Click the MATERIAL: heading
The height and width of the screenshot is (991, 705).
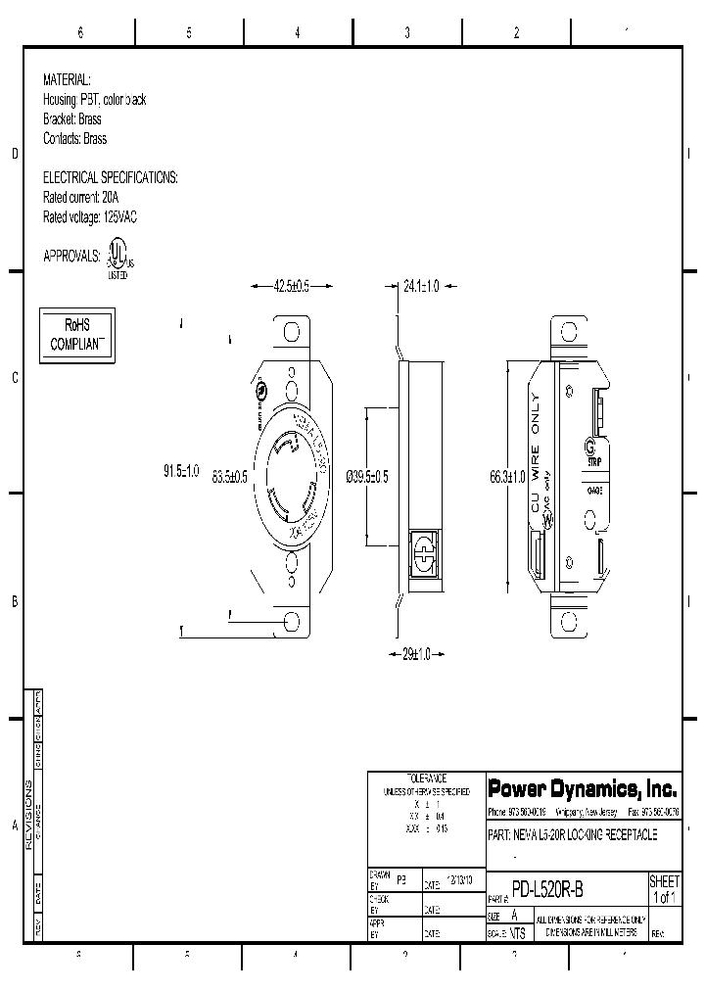(67, 79)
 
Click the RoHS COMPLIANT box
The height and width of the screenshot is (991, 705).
(76, 335)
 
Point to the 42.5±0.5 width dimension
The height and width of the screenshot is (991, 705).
(279, 286)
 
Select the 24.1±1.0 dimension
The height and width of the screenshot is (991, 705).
(420, 286)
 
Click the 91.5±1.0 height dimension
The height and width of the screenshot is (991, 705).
(181, 471)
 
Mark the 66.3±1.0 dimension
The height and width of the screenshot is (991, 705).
(507, 476)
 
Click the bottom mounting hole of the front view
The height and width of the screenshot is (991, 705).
(292, 622)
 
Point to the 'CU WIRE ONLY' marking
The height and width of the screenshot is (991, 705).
(535, 451)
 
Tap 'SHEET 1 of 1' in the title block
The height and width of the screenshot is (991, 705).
(664, 889)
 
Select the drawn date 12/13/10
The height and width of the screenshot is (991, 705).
(459, 880)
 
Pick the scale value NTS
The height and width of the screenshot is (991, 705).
(518, 933)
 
